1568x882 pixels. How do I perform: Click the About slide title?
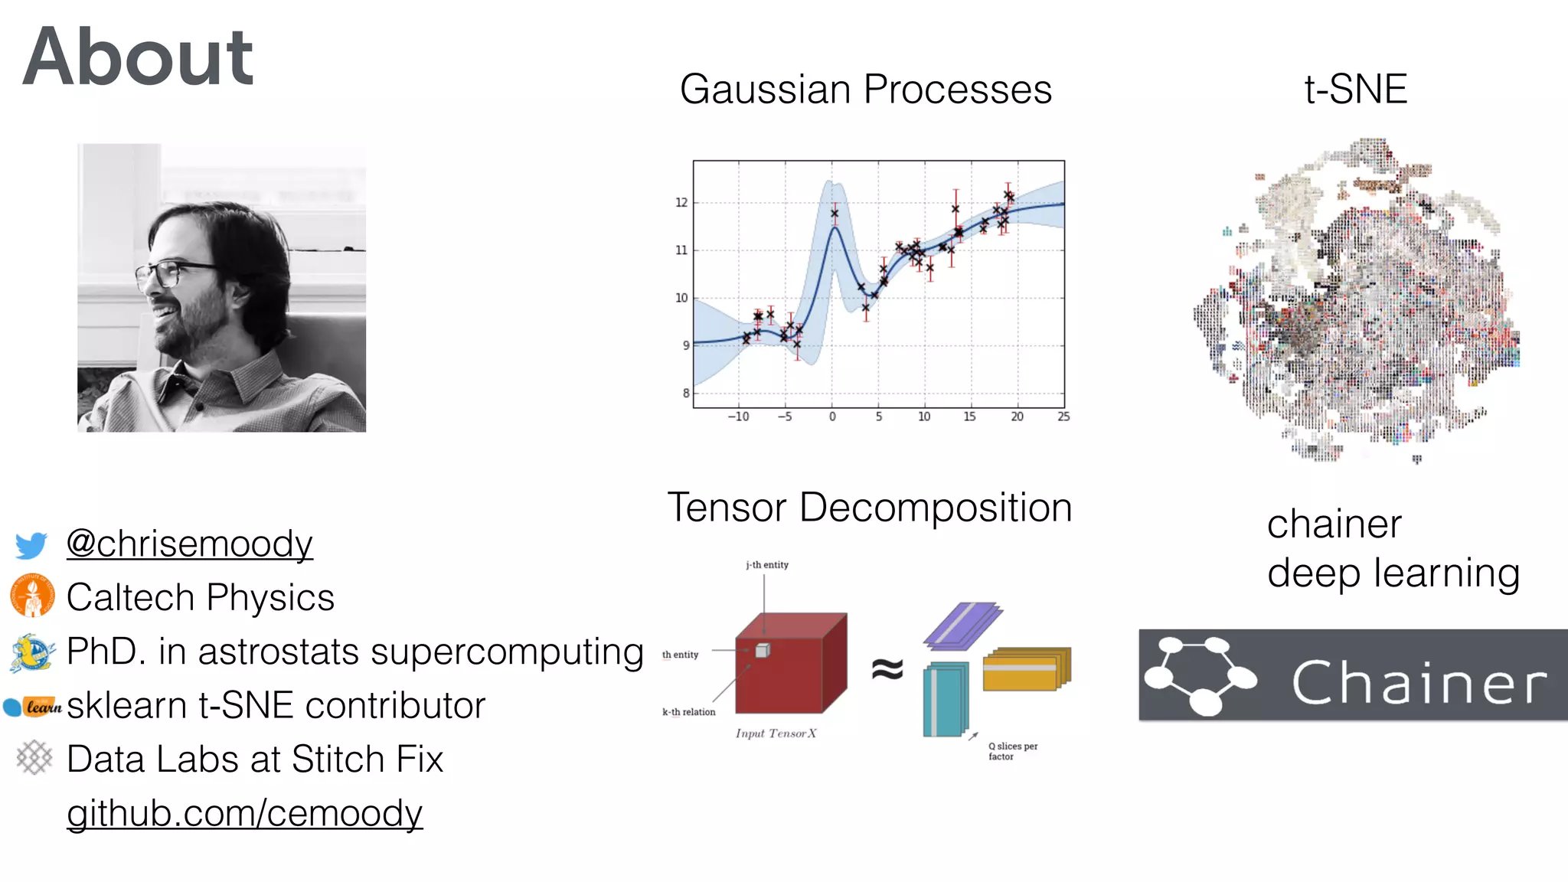click(138, 57)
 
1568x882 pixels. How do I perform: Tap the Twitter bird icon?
click(31, 544)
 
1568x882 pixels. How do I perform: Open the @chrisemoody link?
click(189, 544)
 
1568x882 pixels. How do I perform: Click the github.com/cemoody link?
click(244, 813)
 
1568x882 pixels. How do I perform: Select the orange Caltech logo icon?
click(32, 596)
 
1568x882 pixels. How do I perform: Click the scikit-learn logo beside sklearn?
click(33, 706)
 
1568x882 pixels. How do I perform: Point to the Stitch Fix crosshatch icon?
click(34, 758)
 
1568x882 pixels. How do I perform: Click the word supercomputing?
click(507, 652)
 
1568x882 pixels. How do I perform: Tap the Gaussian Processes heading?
click(865, 89)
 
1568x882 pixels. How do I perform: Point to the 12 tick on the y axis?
click(681, 203)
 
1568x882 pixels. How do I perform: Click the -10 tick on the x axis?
click(738, 416)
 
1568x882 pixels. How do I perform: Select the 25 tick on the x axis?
click(1063, 416)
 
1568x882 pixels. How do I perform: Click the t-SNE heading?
click(1355, 89)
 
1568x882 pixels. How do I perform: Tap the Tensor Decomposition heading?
click(869, 508)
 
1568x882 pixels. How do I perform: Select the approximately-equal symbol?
click(887, 669)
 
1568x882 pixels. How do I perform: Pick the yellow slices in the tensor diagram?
click(1026, 668)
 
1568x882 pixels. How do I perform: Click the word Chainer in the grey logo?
click(1419, 681)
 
